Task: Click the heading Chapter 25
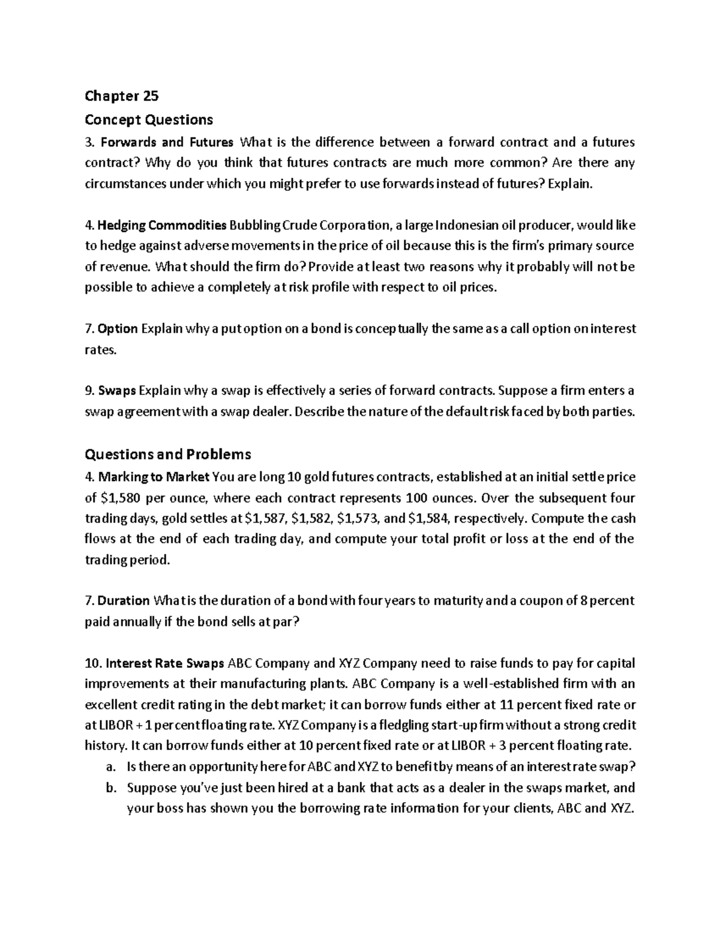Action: pos(122,96)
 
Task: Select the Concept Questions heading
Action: pos(149,120)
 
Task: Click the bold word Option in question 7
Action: pos(118,329)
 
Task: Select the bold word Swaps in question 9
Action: pos(117,391)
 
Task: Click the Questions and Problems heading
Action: pos(168,454)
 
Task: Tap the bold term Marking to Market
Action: pos(154,477)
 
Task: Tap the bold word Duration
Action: pos(123,601)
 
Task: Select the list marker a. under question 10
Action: pos(109,766)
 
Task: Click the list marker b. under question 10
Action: pos(109,787)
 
